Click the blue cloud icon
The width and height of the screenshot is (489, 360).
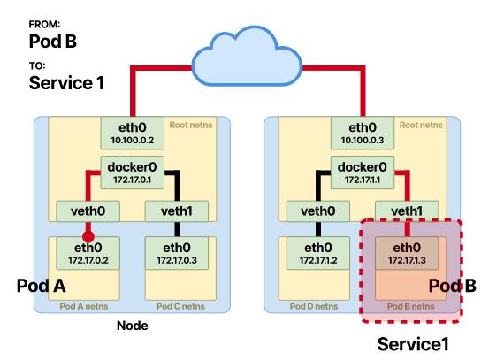247,57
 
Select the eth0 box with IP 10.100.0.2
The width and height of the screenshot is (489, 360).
133,134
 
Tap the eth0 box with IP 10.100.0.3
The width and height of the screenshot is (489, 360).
363,134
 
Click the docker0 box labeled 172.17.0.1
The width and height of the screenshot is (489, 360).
133,172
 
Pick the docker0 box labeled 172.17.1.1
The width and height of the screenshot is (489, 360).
363,172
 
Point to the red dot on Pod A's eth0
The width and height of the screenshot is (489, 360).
88,237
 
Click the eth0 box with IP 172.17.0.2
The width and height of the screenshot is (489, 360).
88,253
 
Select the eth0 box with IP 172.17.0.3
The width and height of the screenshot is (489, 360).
177,253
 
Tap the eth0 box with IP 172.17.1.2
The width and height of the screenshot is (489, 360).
318,253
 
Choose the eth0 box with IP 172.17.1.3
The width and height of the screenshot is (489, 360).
407,253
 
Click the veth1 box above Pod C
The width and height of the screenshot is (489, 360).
177,211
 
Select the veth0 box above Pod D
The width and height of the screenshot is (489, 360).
318,211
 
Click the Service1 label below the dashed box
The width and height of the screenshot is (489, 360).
413,344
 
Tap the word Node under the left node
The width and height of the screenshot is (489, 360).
133,326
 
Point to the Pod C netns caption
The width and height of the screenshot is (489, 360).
180,306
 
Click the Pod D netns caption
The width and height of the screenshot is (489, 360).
314,306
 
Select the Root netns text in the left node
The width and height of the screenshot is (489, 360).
191,125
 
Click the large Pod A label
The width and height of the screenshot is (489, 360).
42,286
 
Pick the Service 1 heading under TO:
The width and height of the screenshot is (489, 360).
66,82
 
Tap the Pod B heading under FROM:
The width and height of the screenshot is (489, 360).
53,41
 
